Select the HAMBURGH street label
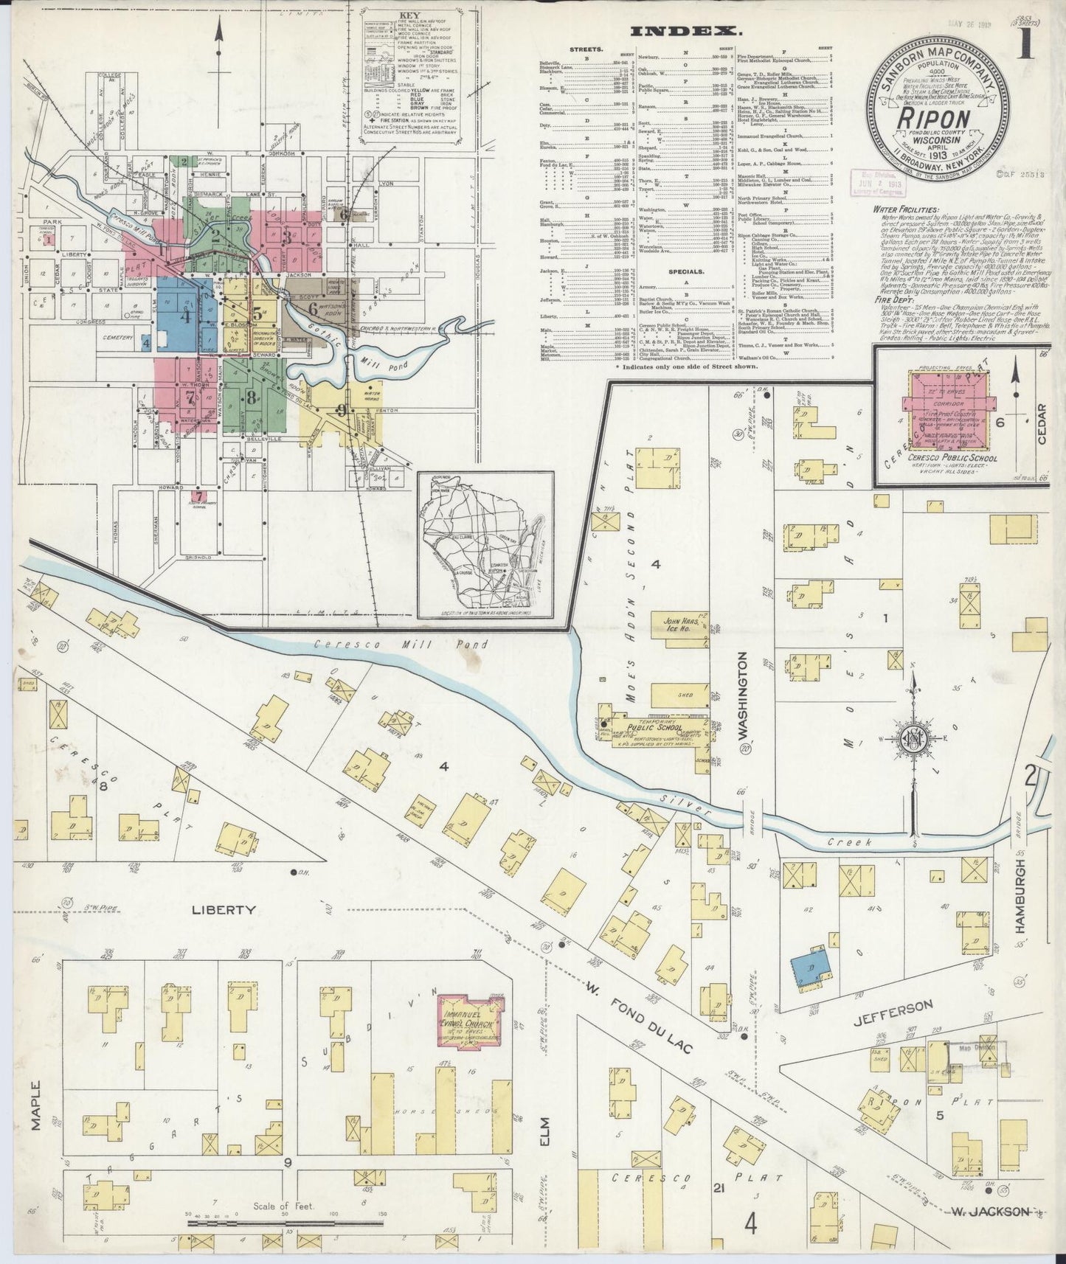1021,895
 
